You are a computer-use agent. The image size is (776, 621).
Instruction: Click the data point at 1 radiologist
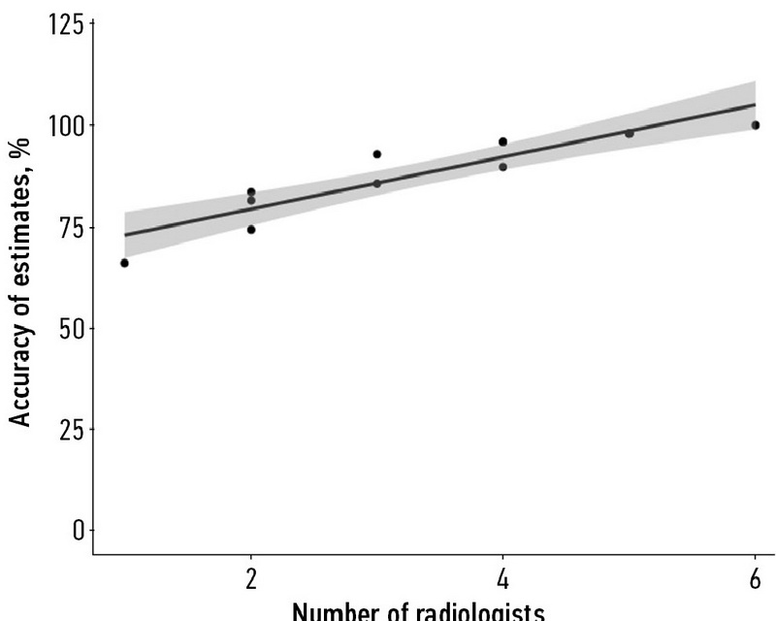coord(124,263)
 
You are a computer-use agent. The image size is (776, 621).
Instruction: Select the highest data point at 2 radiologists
coord(251,192)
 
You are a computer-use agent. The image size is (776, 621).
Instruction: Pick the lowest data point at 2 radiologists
coord(251,230)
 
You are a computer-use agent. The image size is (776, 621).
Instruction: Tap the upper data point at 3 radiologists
coord(377,154)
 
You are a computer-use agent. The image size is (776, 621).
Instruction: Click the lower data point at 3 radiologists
coord(377,182)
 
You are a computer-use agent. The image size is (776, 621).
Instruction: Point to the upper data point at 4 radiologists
coord(502,142)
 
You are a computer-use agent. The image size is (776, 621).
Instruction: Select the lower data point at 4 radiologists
coord(502,167)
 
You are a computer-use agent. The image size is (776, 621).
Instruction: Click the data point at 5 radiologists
coord(630,133)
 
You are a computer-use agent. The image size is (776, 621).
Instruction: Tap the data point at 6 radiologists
coord(756,125)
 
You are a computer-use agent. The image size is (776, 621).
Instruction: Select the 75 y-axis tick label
coord(71,226)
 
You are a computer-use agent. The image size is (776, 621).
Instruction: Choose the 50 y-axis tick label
coord(71,327)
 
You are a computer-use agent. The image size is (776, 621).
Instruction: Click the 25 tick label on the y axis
coord(71,428)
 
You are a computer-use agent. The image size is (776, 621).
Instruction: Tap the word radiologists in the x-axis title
coord(471,611)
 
